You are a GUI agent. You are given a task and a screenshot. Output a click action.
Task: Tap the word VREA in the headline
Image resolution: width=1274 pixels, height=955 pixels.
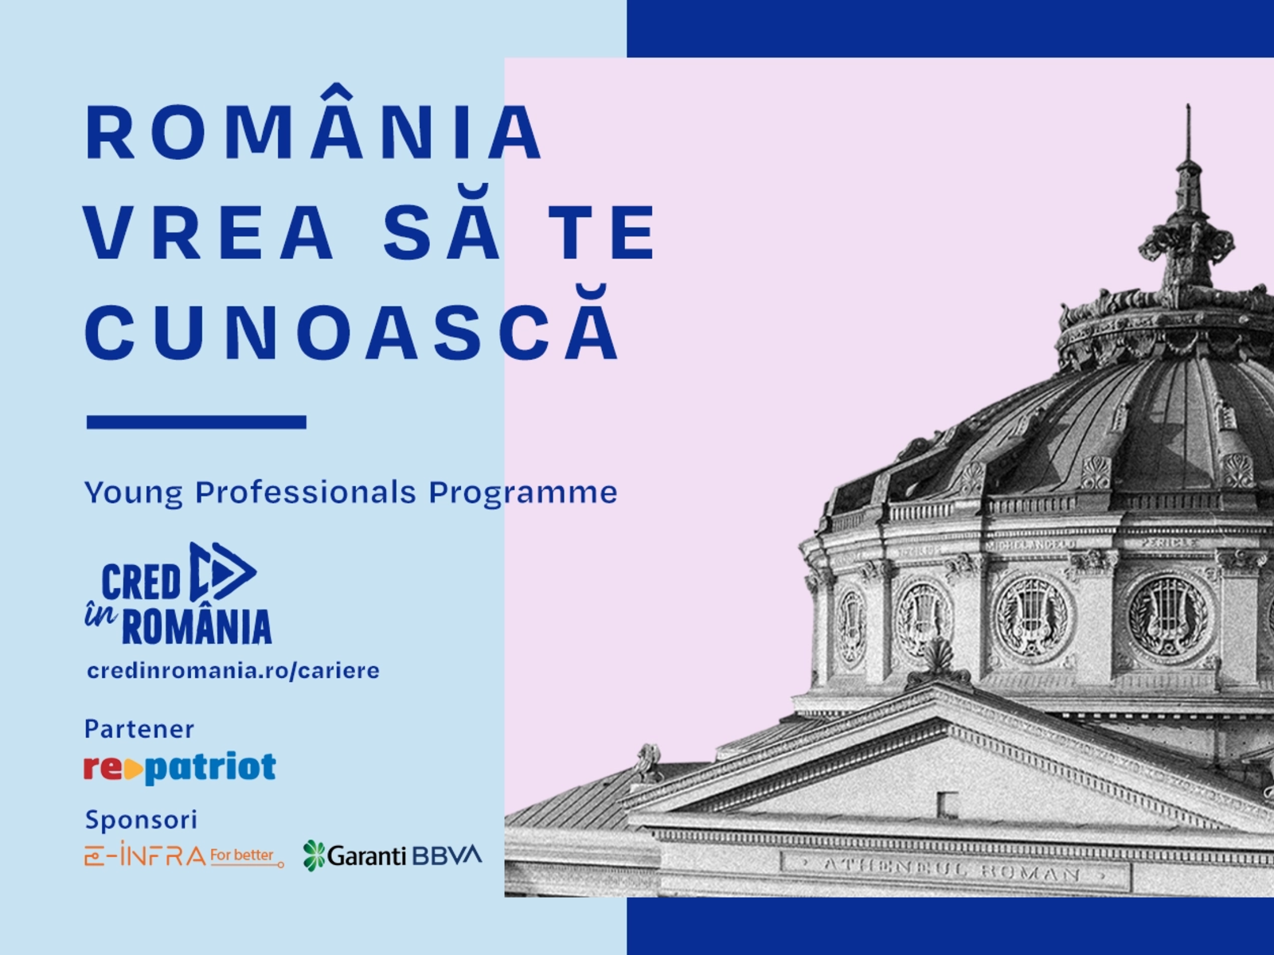tap(209, 232)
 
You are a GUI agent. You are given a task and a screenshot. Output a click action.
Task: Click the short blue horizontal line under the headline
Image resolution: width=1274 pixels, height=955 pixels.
tap(196, 422)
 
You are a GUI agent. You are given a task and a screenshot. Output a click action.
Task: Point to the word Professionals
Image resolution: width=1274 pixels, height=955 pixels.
tap(305, 493)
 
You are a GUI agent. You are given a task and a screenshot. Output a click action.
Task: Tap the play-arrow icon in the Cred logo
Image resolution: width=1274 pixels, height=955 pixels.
tap(223, 571)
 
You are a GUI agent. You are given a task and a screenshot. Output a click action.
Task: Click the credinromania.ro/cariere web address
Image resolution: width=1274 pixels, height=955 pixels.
tap(233, 670)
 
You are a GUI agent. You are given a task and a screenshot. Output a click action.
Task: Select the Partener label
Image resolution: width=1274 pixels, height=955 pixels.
tap(139, 729)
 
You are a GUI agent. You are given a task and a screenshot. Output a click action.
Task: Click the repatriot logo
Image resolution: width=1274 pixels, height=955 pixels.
tap(180, 767)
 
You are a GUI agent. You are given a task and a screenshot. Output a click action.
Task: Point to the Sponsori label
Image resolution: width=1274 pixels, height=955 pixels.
tap(141, 820)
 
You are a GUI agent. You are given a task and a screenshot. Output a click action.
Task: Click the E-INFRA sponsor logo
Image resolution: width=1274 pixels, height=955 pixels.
tap(184, 855)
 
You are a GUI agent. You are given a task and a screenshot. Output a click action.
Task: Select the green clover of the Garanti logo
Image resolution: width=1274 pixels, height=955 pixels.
tap(314, 856)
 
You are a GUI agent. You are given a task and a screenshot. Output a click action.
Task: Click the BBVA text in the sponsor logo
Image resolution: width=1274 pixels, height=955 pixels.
tap(447, 856)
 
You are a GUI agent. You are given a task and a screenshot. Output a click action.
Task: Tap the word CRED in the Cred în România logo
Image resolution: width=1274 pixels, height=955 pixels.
tap(141, 582)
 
